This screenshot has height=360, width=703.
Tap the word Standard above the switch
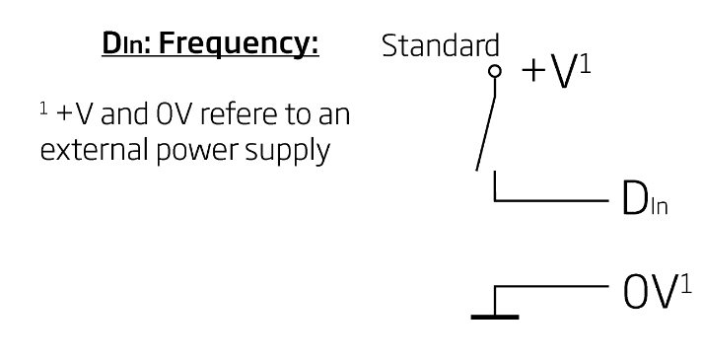440,46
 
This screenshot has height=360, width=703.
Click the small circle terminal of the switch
494,70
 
